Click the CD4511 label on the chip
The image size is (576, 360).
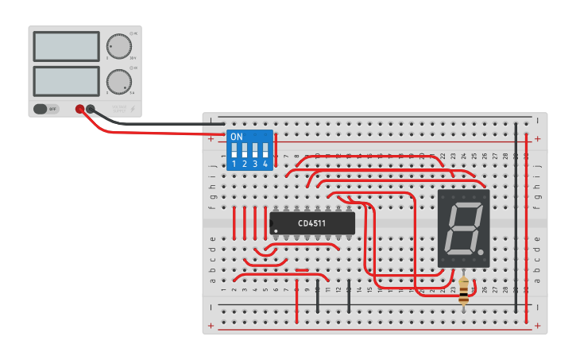311,223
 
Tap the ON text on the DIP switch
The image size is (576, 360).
236,137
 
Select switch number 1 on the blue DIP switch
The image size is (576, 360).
234,150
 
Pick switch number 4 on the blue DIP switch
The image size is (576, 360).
265,150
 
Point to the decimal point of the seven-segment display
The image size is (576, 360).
481,253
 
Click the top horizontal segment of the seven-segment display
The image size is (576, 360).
466,206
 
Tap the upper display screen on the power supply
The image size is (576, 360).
67,46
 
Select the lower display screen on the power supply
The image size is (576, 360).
67,80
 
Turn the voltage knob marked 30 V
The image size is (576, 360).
119,46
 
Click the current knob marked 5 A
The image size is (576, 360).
118,81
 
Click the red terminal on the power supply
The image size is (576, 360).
79,109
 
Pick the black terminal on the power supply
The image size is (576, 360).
91,109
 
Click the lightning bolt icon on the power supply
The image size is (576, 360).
133,109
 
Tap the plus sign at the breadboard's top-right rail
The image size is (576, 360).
538,138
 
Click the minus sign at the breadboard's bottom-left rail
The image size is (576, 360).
211,306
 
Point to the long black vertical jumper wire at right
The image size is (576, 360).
516,215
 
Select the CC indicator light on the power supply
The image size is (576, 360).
133,68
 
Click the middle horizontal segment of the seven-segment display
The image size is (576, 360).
464,228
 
